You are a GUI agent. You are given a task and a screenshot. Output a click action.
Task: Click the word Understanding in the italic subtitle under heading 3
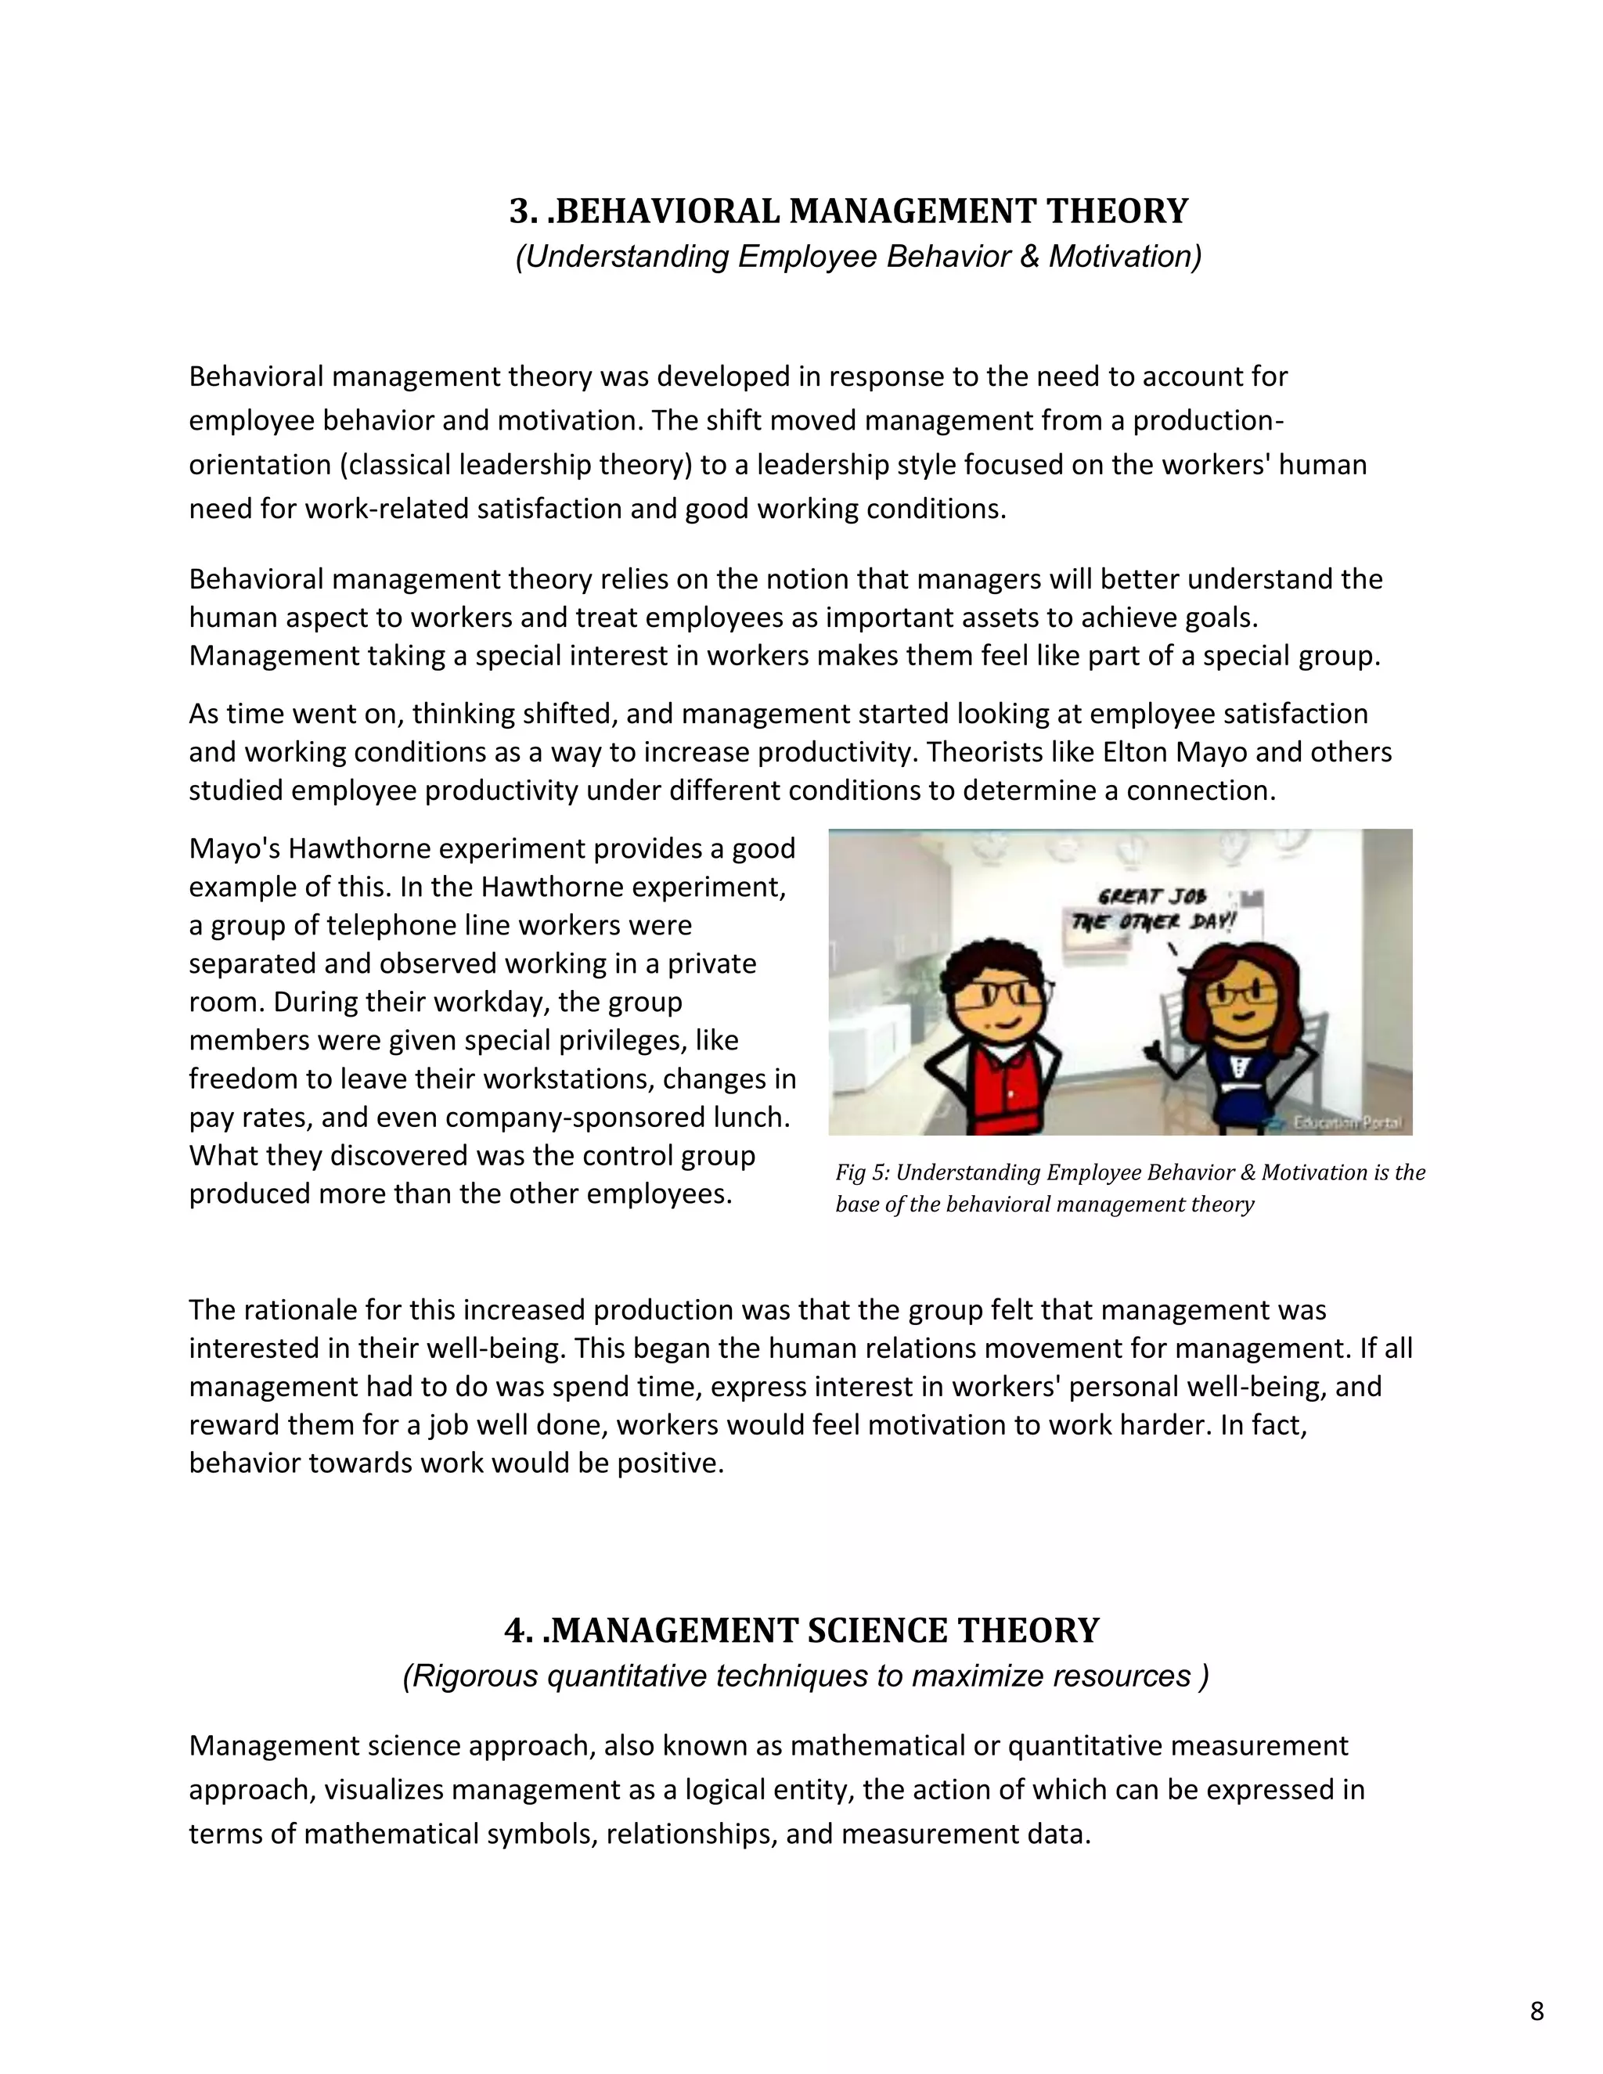624,257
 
